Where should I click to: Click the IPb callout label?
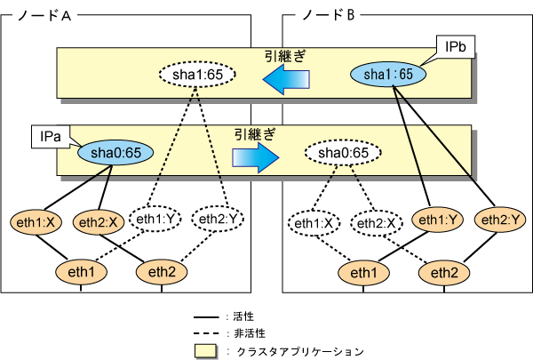point(447,43)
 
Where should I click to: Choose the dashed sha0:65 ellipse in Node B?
point(337,153)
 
